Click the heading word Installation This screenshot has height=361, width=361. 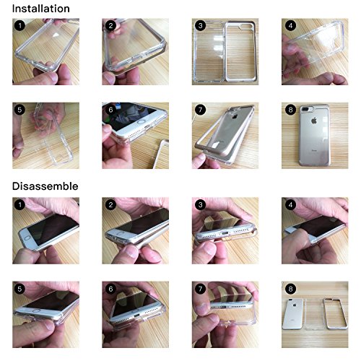coord(41,9)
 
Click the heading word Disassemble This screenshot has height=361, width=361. coord(45,186)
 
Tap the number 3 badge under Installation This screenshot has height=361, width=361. coord(200,25)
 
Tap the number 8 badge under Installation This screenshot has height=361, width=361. coord(290,110)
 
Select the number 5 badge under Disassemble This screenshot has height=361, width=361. coord(19,289)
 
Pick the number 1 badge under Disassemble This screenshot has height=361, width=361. coord(19,205)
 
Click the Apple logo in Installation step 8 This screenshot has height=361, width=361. coord(313,121)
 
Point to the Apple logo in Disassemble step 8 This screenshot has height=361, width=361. coord(295,305)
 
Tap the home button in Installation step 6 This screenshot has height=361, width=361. coord(141,122)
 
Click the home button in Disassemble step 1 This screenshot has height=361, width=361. coord(27,238)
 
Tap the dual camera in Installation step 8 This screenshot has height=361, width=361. coord(305,109)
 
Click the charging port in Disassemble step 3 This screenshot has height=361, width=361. coord(225,233)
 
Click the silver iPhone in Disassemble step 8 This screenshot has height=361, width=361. coord(292,314)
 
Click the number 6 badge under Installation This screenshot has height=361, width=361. coord(110,110)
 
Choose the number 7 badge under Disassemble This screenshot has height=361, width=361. coord(200,289)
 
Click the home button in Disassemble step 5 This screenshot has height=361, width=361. coord(37,311)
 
